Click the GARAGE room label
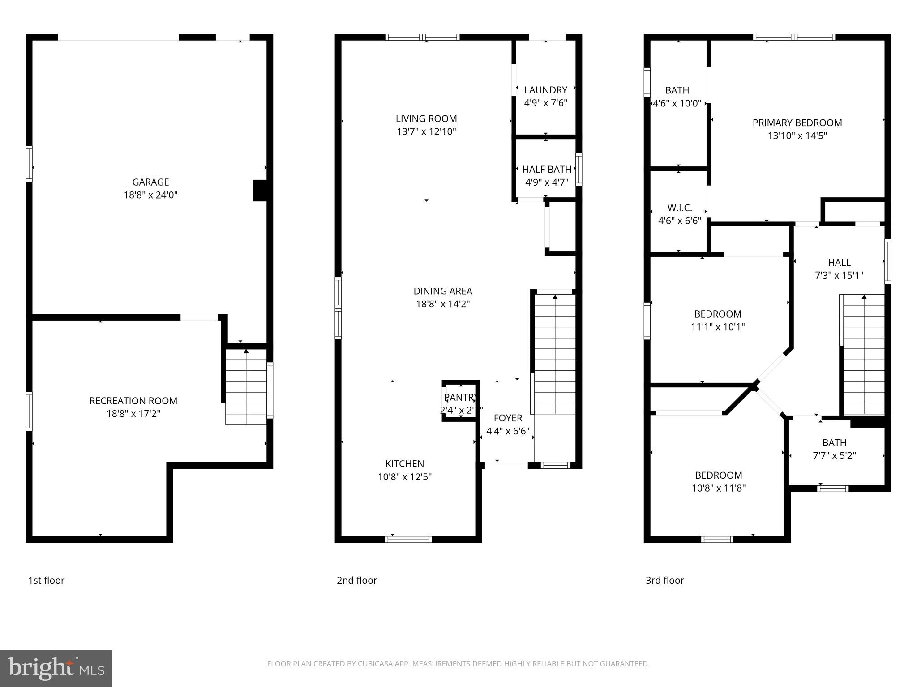pyautogui.click(x=150, y=182)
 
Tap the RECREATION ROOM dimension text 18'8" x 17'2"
pyautogui.click(x=133, y=414)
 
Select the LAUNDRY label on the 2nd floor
pyautogui.click(x=545, y=90)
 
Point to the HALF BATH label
pyautogui.click(x=547, y=169)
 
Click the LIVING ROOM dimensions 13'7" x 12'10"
pyautogui.click(x=426, y=131)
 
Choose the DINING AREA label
pyautogui.click(x=442, y=291)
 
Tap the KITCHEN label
pyautogui.click(x=404, y=464)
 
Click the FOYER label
pyautogui.click(x=508, y=418)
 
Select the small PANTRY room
pyautogui.click(x=460, y=402)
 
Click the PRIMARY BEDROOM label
pyautogui.click(x=797, y=123)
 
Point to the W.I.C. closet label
pyautogui.click(x=679, y=208)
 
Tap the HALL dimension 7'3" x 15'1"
pyautogui.click(x=839, y=276)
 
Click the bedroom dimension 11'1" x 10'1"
pyautogui.click(x=718, y=327)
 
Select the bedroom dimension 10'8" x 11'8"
pyautogui.click(x=718, y=488)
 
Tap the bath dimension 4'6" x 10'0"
pyautogui.click(x=677, y=103)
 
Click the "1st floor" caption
pyautogui.click(x=47, y=580)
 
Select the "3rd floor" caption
pyautogui.click(x=664, y=580)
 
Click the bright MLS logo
pyautogui.click(x=56, y=668)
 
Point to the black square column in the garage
pyautogui.click(x=260, y=190)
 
